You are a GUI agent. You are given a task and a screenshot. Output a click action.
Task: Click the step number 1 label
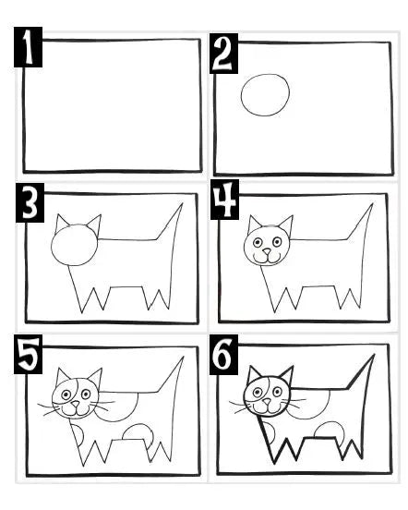pyautogui.click(x=28, y=47)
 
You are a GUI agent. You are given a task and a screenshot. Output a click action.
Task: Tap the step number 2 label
pyautogui.click(x=223, y=54)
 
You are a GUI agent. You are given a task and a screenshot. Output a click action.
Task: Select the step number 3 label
pyautogui.click(x=30, y=202)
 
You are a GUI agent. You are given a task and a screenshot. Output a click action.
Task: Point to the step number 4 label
pyautogui.click(x=224, y=200)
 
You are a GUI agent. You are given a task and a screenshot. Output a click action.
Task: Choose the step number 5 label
pyautogui.click(x=29, y=354)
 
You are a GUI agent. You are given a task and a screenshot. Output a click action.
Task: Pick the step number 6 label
pyautogui.click(x=223, y=355)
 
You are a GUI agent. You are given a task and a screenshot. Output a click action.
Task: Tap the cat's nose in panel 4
pyautogui.click(x=267, y=251)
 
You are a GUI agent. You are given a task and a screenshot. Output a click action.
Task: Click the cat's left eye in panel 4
pyautogui.click(x=258, y=243)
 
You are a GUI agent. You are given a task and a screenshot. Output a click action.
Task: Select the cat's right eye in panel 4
pyautogui.click(x=277, y=242)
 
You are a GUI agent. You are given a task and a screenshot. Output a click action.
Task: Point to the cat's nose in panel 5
pyautogui.click(x=76, y=404)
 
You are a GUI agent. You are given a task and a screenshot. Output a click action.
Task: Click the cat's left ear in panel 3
pyautogui.click(x=61, y=222)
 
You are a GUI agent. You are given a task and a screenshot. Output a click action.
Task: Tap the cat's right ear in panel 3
pyautogui.click(x=95, y=223)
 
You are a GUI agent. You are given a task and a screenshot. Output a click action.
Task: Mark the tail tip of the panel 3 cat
pyautogui.click(x=183, y=203)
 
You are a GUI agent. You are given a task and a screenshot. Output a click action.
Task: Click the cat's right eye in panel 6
pyautogui.click(x=278, y=392)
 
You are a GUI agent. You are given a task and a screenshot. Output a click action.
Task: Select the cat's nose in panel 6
pyautogui.click(x=267, y=402)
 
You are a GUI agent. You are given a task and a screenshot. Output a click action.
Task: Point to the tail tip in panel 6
pyautogui.click(x=374, y=355)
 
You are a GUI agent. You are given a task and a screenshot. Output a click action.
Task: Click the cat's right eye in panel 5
pyautogui.click(x=86, y=395)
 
